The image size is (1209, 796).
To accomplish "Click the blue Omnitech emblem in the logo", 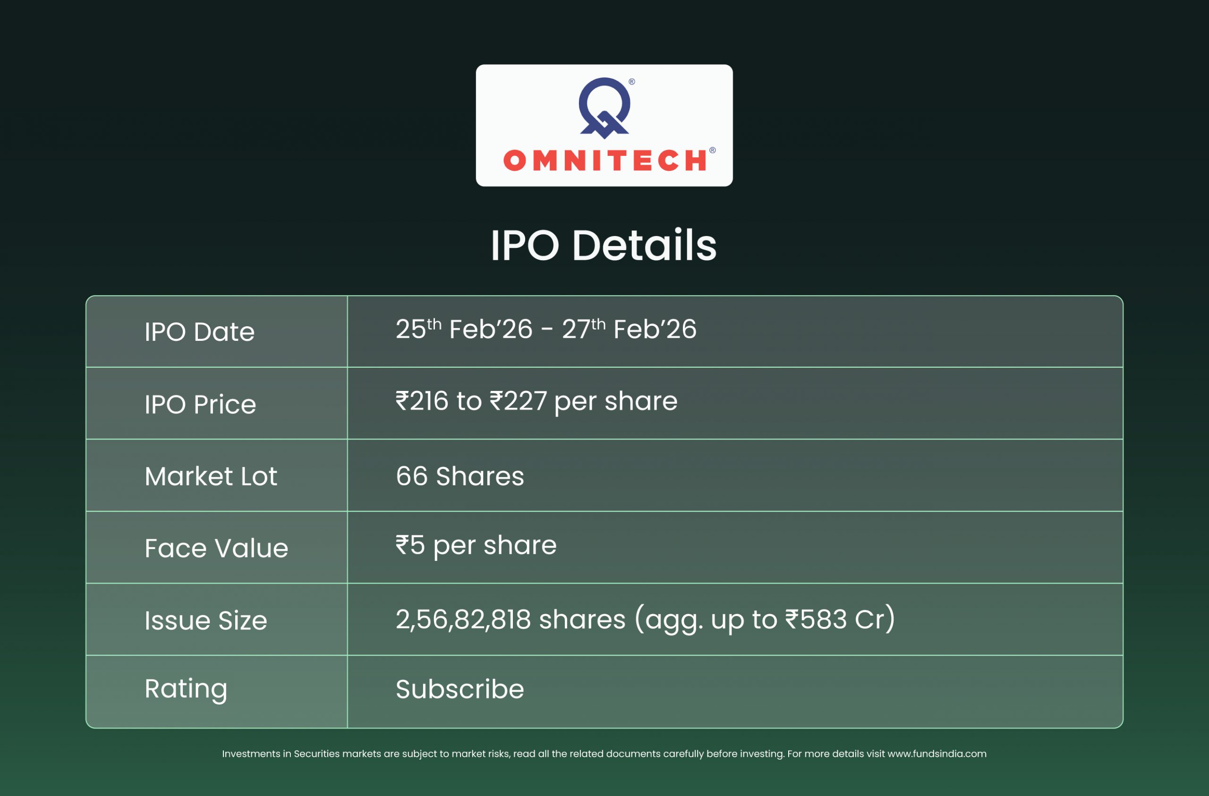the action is (604, 108).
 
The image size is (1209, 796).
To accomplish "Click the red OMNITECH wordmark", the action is (604, 161).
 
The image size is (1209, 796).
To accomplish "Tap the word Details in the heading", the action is (645, 246).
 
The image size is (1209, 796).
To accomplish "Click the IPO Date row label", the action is (200, 332).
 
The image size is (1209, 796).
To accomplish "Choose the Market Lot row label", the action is (211, 476).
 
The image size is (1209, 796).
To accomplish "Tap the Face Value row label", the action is (216, 549).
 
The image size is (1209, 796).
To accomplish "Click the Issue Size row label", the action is (206, 621).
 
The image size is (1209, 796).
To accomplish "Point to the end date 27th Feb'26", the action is (630, 329).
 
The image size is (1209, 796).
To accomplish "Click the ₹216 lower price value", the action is (422, 401).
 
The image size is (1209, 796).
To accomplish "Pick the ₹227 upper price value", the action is (518, 401).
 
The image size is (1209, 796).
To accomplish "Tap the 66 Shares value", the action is (460, 476).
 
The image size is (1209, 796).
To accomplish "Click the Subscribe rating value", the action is (460, 689).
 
